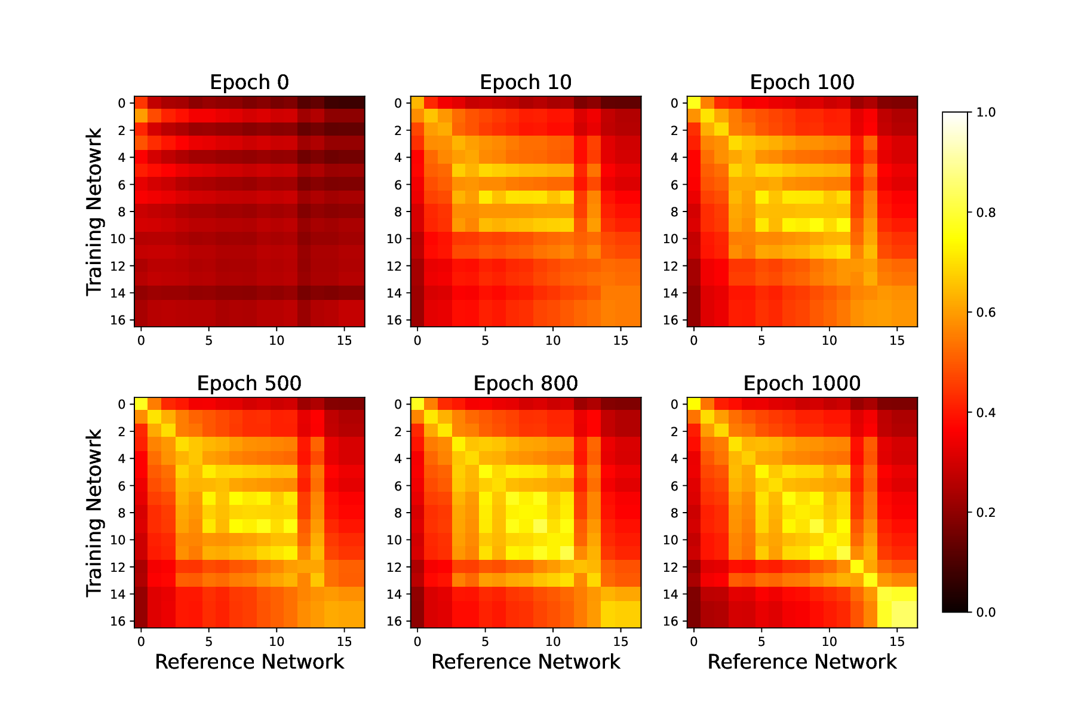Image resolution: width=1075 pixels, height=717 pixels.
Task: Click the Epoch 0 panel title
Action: (249, 82)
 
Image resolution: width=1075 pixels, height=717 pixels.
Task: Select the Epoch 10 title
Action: (526, 82)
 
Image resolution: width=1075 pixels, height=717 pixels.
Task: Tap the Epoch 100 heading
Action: (802, 82)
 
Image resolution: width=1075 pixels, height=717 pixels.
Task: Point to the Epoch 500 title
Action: (249, 384)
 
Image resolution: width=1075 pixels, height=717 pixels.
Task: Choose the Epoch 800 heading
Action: (526, 384)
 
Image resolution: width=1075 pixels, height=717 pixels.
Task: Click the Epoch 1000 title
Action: (802, 384)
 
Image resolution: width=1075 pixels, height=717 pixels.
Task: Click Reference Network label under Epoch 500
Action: (249, 662)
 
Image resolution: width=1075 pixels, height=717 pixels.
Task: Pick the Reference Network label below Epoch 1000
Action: (802, 662)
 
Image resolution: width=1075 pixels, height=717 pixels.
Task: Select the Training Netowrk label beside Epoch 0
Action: (94, 212)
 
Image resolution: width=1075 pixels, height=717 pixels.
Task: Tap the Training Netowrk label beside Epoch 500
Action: (94, 513)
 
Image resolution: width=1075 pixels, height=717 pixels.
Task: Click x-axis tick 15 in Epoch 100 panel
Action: (897, 341)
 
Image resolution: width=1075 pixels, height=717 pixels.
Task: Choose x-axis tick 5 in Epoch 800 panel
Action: (485, 642)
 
